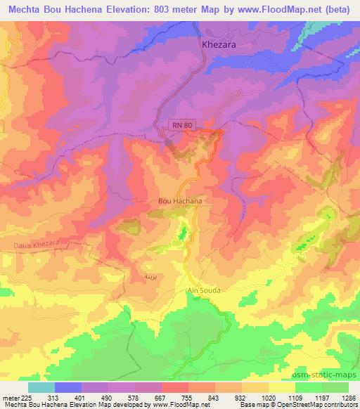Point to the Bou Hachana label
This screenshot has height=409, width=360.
[x=181, y=201]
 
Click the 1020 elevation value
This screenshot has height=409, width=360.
[x=268, y=397]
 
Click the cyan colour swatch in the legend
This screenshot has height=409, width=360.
[x=41, y=387]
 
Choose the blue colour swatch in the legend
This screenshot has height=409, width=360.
[x=67, y=387]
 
